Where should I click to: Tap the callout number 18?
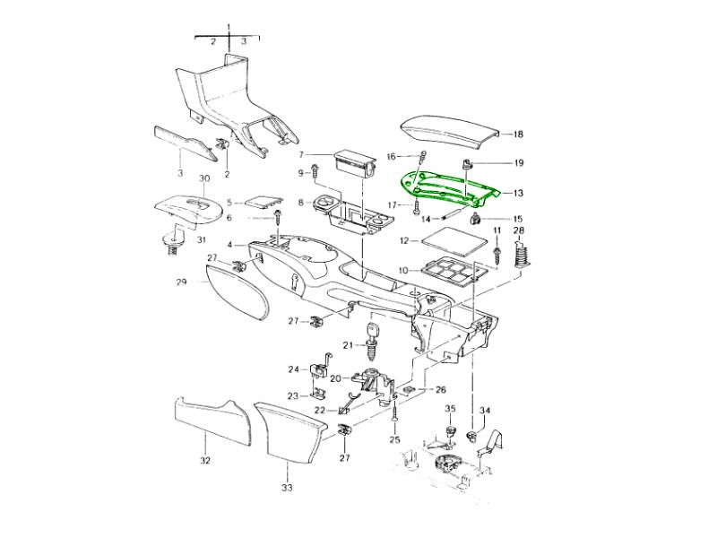click(518, 134)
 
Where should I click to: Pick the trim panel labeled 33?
click(290, 430)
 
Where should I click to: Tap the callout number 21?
click(349, 345)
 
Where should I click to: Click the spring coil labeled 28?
click(521, 256)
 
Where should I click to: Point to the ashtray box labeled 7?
click(354, 164)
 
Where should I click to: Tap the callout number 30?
click(204, 178)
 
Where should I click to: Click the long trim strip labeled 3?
click(185, 143)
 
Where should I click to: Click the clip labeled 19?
click(465, 164)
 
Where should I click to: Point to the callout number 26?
click(440, 390)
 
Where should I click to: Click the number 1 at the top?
click(229, 27)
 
